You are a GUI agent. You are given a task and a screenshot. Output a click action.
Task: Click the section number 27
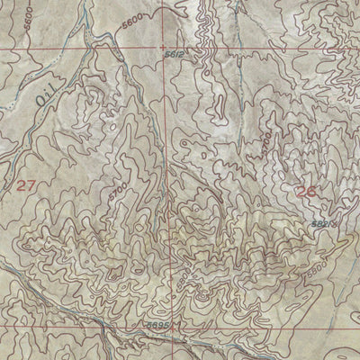pos(27,185)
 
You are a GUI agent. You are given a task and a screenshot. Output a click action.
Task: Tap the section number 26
pos(307,190)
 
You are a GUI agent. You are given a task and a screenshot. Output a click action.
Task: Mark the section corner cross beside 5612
pos(163,47)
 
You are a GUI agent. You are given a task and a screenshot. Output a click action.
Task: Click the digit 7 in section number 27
pos(32,185)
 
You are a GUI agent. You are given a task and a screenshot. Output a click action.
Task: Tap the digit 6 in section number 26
pos(312,190)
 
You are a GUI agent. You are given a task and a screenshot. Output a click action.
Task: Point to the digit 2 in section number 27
pos(22,185)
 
